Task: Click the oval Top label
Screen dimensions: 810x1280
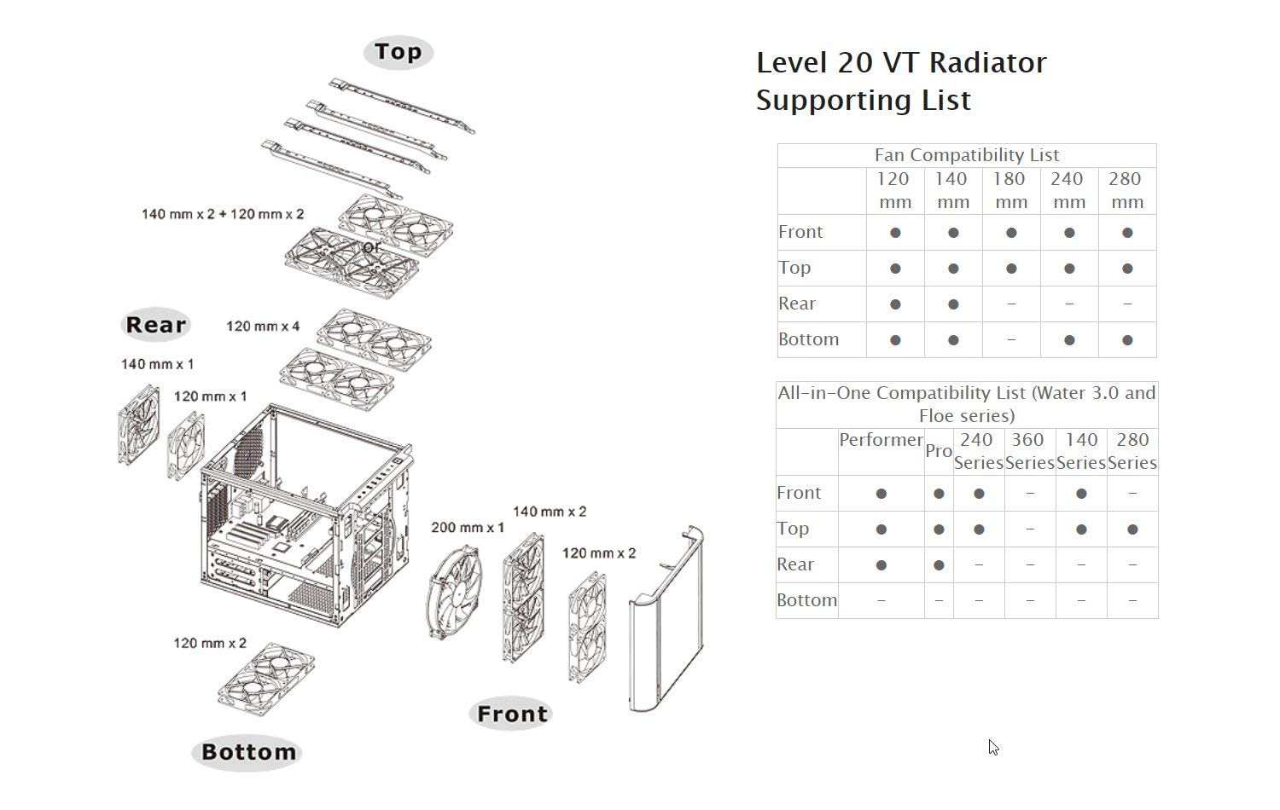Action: [399, 52]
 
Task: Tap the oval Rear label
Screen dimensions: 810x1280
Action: [155, 325]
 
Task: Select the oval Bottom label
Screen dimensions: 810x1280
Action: [247, 752]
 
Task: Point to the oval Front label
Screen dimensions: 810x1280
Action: [511, 714]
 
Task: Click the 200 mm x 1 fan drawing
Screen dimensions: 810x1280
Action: [453, 592]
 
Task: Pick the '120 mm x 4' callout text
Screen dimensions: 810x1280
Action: [263, 327]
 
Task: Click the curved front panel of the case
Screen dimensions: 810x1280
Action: [666, 619]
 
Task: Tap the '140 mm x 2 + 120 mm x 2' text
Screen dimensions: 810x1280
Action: [222, 214]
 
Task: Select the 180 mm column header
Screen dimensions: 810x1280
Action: [1010, 190]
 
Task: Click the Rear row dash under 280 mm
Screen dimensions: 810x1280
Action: [1127, 304]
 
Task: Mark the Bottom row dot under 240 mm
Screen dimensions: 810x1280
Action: [1069, 340]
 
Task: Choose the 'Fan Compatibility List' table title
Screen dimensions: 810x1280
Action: [967, 155]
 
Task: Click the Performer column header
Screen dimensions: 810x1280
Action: [881, 440]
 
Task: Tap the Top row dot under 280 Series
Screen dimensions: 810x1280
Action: [1132, 529]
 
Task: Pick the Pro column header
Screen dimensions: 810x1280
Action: [939, 451]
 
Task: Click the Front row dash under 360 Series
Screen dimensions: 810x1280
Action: [1030, 494]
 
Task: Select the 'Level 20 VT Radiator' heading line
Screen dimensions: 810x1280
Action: [901, 62]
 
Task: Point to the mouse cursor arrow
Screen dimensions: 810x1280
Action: [992, 747]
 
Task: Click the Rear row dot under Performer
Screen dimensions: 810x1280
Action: [881, 565]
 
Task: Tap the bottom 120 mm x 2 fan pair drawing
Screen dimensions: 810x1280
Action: [265, 679]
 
